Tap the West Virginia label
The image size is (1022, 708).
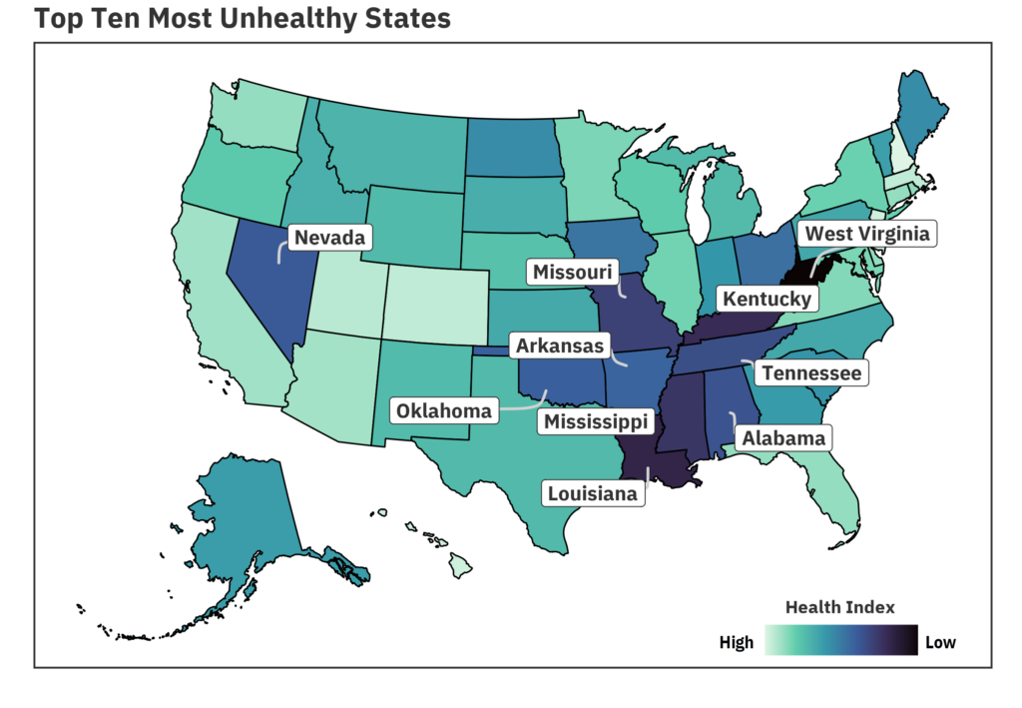pyautogui.click(x=867, y=234)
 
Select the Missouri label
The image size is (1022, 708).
pyautogui.click(x=572, y=272)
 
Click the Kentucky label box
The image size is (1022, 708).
pyautogui.click(x=766, y=298)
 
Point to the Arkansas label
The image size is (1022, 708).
pyautogui.click(x=559, y=346)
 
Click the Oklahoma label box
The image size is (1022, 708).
pyautogui.click(x=443, y=410)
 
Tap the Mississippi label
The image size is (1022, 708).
pyautogui.click(x=595, y=421)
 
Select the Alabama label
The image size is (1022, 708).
pyautogui.click(x=783, y=437)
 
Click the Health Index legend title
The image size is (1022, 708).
pyautogui.click(x=839, y=606)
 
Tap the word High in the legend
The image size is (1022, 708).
pyautogui.click(x=737, y=642)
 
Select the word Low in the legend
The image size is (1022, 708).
pyautogui.click(x=940, y=642)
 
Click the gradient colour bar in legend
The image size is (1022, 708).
pyautogui.click(x=840, y=640)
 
